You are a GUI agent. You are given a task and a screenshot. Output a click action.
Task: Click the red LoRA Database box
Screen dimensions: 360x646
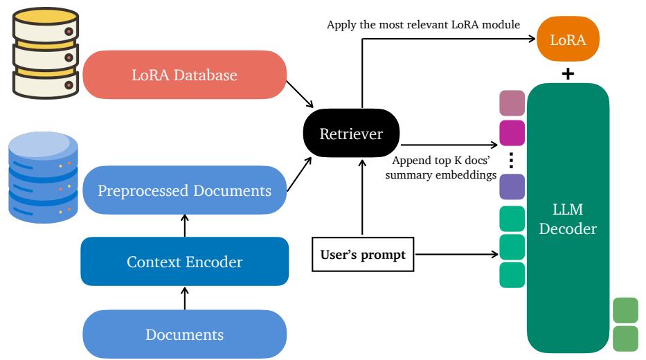[x=184, y=75]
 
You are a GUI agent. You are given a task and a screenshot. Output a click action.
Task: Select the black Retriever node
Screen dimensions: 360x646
[x=351, y=134]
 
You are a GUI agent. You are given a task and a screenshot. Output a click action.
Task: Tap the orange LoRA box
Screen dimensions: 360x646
[x=568, y=41]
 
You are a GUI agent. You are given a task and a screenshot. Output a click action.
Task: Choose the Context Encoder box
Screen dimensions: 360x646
[x=184, y=261]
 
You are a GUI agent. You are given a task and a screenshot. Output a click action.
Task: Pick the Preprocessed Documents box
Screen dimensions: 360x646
[x=184, y=190]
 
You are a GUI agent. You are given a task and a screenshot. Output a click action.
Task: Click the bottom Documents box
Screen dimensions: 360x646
[x=184, y=334]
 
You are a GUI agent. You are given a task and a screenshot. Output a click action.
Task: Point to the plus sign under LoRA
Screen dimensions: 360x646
[x=568, y=73]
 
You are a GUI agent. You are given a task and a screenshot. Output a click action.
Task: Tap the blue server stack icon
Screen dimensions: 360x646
[x=44, y=178]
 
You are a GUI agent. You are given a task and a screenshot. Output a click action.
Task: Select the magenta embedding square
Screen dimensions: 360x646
[x=512, y=132]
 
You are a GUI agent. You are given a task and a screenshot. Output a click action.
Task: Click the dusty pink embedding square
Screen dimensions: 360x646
[x=512, y=103]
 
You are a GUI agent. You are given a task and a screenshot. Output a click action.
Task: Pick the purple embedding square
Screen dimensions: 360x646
[x=512, y=187]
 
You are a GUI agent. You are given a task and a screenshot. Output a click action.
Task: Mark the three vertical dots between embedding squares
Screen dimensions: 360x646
[x=512, y=159]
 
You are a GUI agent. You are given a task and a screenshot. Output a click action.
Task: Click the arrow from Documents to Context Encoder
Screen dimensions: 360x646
[x=184, y=298]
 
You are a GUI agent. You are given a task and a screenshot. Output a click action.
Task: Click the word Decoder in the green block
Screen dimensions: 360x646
[x=568, y=228]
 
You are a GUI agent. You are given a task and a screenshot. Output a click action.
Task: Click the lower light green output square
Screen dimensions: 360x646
[x=625, y=338]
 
